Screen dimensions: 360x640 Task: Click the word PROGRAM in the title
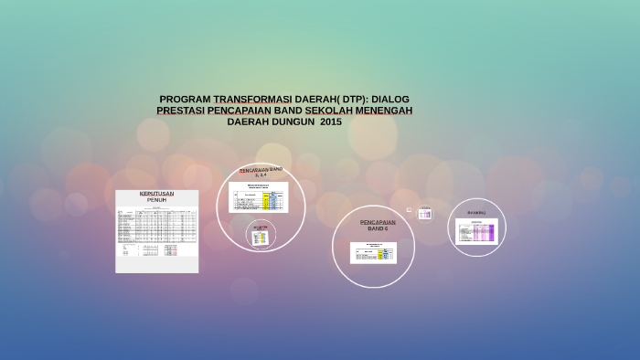click(x=184, y=99)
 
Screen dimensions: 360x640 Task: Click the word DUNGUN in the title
click(x=288, y=122)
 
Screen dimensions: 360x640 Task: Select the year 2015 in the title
click(x=329, y=122)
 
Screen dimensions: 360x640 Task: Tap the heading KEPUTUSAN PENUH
click(x=156, y=196)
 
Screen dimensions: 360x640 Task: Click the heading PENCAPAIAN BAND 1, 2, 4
click(x=261, y=173)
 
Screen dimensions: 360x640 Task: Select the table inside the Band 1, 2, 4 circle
click(x=258, y=196)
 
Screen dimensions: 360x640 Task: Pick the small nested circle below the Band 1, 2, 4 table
click(x=261, y=235)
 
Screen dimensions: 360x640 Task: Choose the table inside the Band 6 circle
click(x=373, y=252)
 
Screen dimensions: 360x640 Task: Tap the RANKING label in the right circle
click(x=476, y=212)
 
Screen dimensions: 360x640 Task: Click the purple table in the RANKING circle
click(x=476, y=231)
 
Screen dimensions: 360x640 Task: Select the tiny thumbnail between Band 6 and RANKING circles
click(x=424, y=214)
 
